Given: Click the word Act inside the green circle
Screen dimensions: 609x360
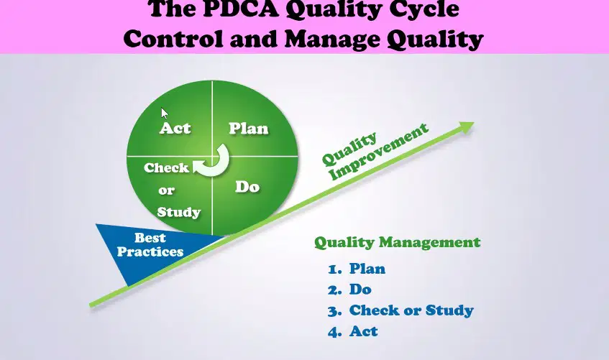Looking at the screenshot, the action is pyautogui.click(x=175, y=128).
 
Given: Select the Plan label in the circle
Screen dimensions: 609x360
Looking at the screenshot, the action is pyautogui.click(x=249, y=129).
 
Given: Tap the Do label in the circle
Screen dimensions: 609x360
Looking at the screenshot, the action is pyautogui.click(x=247, y=187).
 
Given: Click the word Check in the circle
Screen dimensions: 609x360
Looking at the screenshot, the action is pyautogui.click(x=166, y=167).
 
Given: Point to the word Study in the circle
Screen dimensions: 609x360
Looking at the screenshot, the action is pyautogui.click(x=178, y=212).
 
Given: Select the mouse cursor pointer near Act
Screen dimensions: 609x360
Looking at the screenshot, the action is pyautogui.click(x=165, y=113).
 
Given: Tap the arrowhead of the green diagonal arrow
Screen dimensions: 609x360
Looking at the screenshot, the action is pyautogui.click(x=466, y=127).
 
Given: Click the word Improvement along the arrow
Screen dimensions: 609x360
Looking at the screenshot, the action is pyautogui.click(x=379, y=152).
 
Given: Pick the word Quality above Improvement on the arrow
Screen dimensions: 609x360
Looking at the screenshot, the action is pyautogui.click(x=349, y=149).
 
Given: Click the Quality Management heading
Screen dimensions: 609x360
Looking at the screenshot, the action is pyautogui.click(x=398, y=242).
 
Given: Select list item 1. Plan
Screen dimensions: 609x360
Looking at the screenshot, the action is pyautogui.click(x=357, y=268).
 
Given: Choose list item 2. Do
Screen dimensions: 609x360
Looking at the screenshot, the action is pyautogui.click(x=349, y=290).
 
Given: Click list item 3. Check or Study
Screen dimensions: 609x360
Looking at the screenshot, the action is pyautogui.click(x=400, y=310).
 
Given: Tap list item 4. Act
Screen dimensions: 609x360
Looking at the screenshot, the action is pyautogui.click(x=352, y=331).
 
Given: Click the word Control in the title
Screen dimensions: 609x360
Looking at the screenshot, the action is pyautogui.click(x=173, y=39).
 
